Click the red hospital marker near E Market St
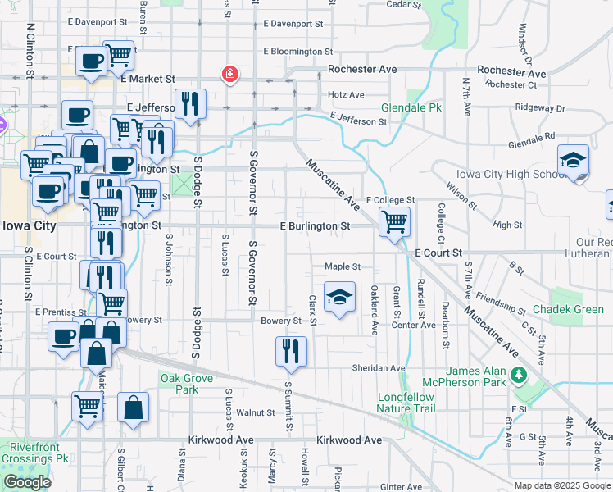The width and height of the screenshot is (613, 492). pyautogui.click(x=231, y=75)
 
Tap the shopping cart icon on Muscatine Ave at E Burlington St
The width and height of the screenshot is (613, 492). pyautogui.click(x=395, y=221)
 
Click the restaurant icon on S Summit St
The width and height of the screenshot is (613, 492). pyautogui.click(x=292, y=352)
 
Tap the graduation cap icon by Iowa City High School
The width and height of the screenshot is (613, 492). pyautogui.click(x=573, y=160)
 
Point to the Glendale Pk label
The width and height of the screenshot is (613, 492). pyautogui.click(x=411, y=107)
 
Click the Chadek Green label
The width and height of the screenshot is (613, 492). pyautogui.click(x=568, y=309)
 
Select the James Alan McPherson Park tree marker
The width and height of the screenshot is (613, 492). pyautogui.click(x=517, y=375)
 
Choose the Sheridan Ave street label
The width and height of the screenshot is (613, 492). pyautogui.click(x=379, y=368)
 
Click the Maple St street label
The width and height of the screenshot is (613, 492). pyautogui.click(x=343, y=266)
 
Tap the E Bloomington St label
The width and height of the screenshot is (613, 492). pyautogui.click(x=293, y=51)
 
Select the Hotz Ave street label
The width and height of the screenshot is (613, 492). pyautogui.click(x=346, y=95)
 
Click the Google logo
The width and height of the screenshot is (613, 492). pyautogui.click(x=27, y=482)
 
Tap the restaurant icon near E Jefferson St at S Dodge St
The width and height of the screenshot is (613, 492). pyautogui.click(x=190, y=104)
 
